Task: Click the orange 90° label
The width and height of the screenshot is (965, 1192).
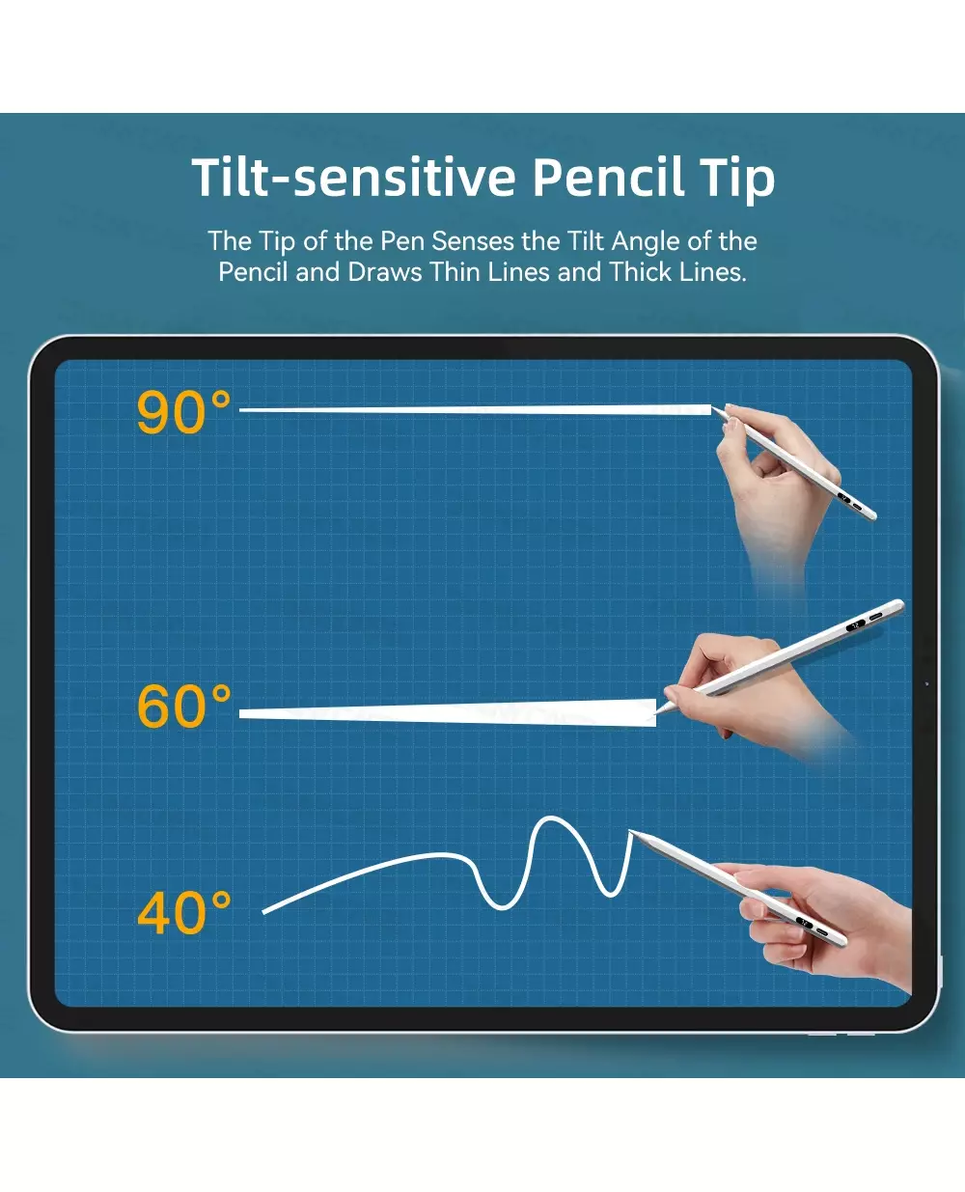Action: (183, 412)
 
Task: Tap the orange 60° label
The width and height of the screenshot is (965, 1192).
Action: (183, 706)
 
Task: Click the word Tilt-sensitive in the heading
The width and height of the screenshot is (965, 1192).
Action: (353, 177)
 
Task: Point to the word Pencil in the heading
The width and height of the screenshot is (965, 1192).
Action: (609, 177)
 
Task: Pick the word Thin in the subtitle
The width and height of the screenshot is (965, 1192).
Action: (455, 272)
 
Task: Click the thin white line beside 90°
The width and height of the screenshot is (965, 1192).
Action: (476, 410)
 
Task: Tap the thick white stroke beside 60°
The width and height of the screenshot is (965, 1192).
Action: (448, 713)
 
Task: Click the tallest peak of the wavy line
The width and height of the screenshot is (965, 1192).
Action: (550, 818)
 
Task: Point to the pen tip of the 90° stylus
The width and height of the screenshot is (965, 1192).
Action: (713, 409)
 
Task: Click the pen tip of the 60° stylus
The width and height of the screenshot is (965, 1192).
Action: (656, 714)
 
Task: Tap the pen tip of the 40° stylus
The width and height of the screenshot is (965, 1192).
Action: (630, 831)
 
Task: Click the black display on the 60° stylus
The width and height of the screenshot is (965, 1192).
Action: (855, 625)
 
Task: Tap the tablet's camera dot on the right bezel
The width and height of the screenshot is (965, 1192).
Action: (927, 684)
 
